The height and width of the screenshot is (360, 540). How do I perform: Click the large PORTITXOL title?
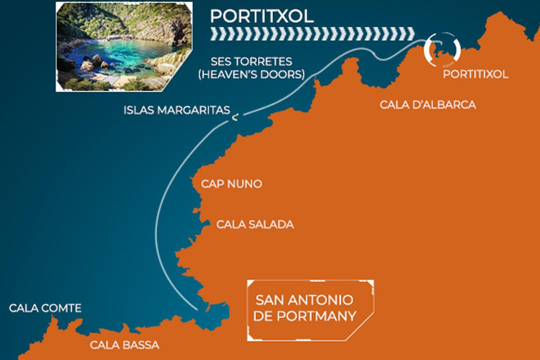(262, 15)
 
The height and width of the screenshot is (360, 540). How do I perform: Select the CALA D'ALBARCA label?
(427, 105)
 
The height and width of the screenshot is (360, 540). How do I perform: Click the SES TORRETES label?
(251, 61)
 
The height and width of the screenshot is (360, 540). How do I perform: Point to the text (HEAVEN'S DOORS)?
(251, 74)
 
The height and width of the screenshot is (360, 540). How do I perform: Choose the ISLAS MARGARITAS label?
(176, 110)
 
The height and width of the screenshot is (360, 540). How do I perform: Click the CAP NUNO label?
(231, 184)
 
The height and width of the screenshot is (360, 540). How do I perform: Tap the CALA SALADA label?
(255, 224)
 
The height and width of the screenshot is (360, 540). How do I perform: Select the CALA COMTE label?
(45, 308)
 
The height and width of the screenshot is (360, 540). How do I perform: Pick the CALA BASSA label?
(124, 345)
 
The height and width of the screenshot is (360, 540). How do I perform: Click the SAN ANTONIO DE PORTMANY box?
(310, 309)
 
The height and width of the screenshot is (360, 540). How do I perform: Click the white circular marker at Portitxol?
(442, 49)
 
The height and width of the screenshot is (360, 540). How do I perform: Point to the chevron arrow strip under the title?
(309, 34)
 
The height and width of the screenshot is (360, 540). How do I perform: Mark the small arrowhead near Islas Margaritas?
(236, 117)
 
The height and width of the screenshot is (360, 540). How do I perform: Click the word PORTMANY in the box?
(315, 316)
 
